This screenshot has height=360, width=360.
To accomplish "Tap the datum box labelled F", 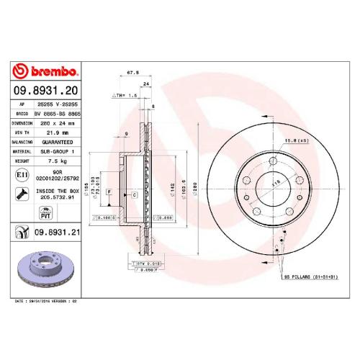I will (109, 192).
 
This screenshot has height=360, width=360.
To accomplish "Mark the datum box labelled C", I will (133, 194).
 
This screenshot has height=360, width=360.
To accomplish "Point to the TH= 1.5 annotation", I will (125, 95).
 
